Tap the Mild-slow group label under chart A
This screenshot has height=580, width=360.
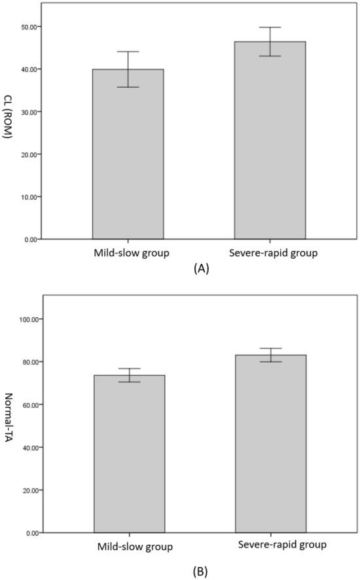pos(128,253)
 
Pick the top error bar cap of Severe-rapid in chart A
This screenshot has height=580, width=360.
pos(269,27)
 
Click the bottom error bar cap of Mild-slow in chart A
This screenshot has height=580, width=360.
pos(128,87)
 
